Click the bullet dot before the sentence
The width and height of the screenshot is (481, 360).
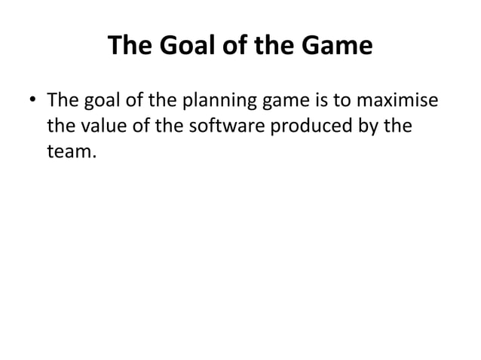tap(34, 101)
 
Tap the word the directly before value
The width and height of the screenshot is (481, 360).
tap(60, 127)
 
